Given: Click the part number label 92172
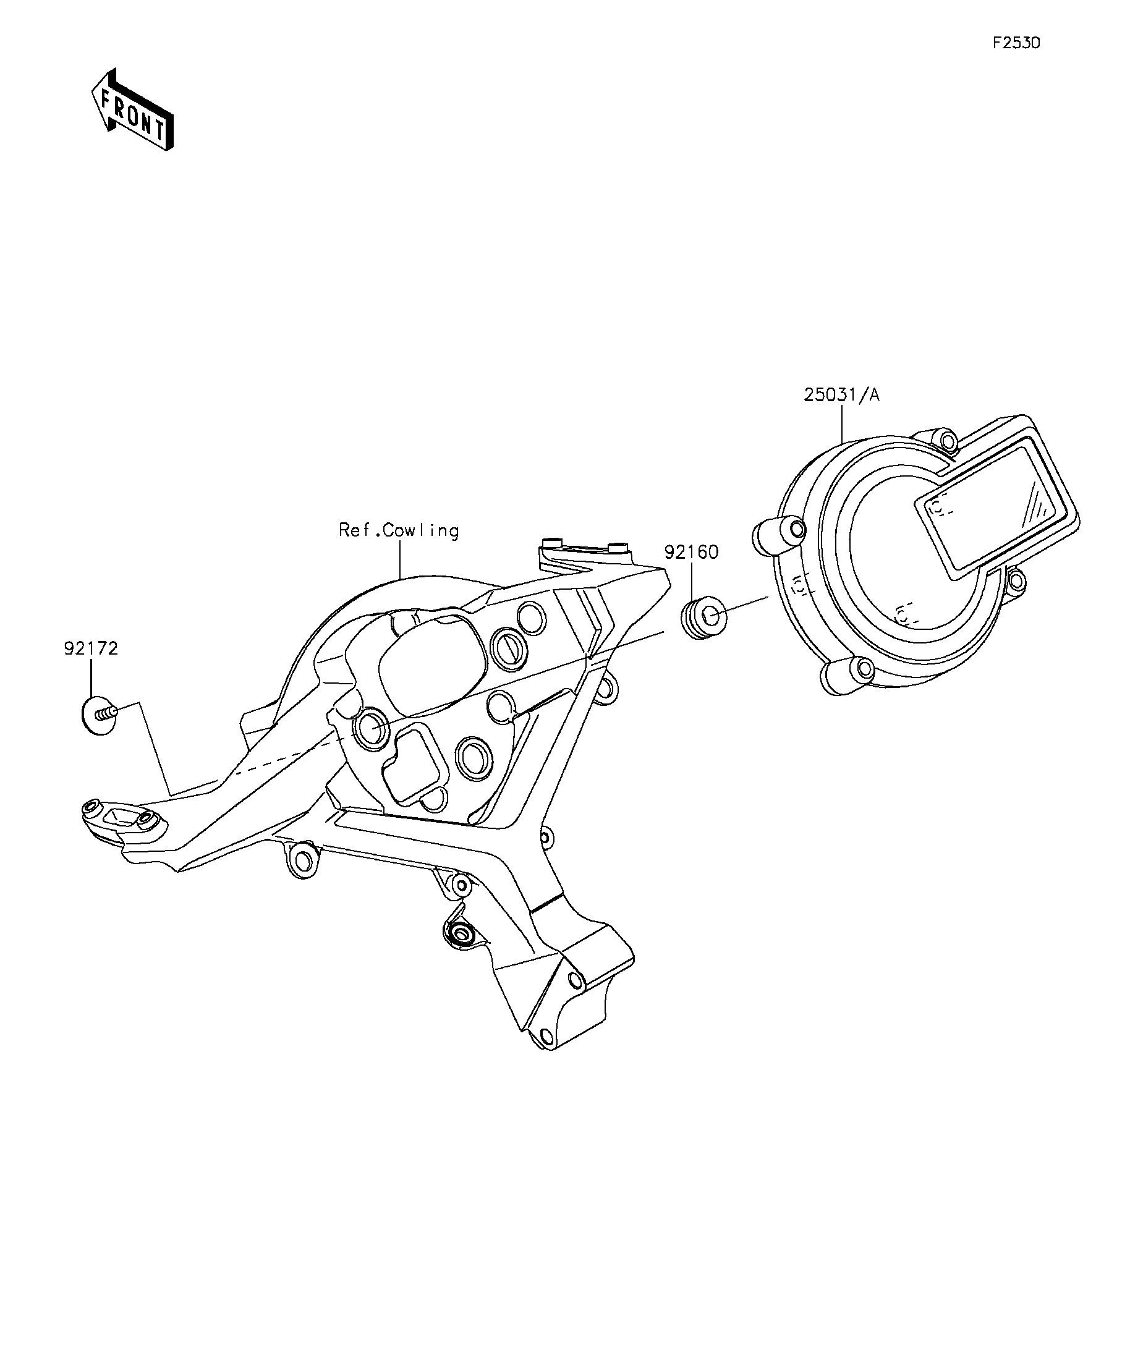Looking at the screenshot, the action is click(x=91, y=648).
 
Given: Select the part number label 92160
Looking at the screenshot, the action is click(x=691, y=553).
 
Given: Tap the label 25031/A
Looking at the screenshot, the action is click(x=842, y=394).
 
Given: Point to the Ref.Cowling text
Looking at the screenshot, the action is click(x=399, y=531).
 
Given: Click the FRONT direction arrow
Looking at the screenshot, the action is click(x=132, y=110).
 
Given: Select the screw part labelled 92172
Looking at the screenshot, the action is click(x=100, y=715).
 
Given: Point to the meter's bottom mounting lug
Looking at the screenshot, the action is click(x=847, y=674).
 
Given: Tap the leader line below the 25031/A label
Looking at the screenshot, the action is click(x=842, y=423).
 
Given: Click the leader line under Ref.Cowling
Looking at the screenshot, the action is click(x=400, y=559).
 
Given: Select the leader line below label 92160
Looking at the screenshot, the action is click(x=692, y=582).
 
